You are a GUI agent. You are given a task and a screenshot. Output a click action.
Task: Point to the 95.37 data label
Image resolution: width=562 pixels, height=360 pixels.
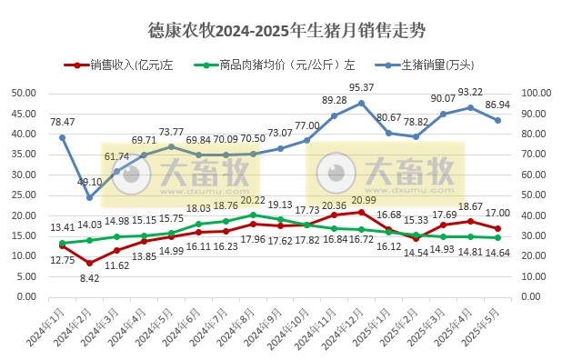362,88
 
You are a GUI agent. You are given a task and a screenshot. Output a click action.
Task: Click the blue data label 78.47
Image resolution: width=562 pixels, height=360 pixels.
62,122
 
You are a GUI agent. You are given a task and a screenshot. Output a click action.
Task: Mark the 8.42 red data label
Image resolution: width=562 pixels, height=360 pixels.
89,278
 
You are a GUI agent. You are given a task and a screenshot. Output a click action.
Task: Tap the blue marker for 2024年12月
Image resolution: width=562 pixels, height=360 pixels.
362,103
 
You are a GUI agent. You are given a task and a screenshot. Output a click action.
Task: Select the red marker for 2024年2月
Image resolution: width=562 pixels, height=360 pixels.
89,263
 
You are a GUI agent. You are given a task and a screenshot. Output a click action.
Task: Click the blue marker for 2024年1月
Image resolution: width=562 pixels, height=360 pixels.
62,137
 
